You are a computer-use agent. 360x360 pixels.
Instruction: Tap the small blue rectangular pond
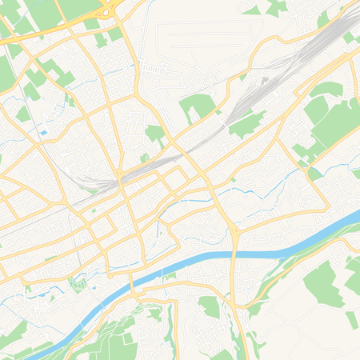click(42, 132)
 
